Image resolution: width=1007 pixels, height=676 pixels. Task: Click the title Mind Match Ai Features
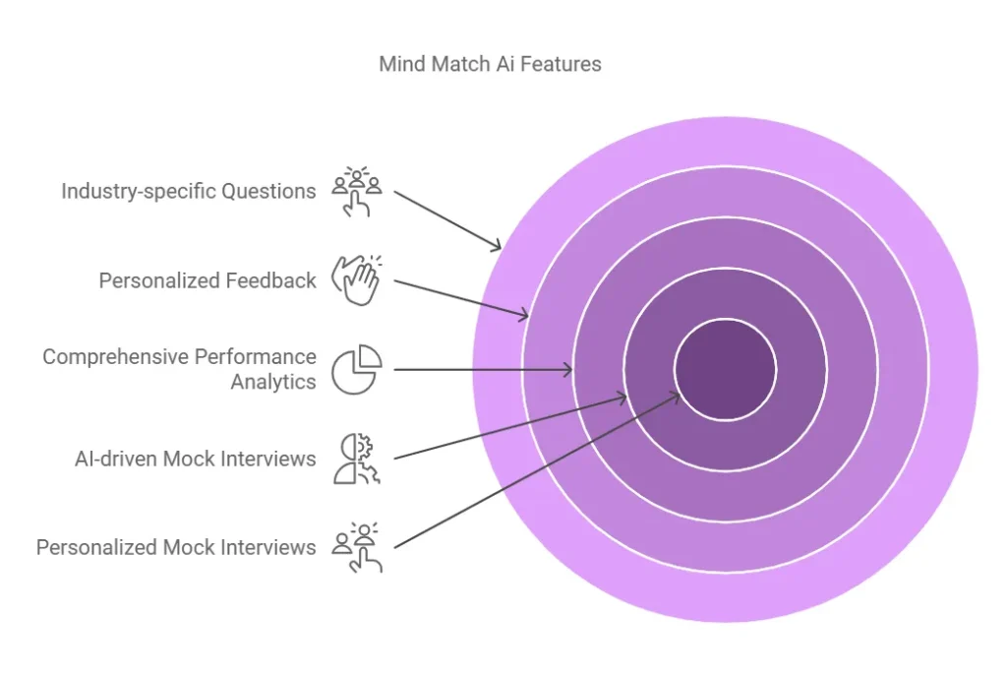[x=490, y=65]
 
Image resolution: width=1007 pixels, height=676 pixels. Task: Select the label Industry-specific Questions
[x=188, y=191]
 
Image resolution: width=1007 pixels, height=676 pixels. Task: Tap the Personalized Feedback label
[x=207, y=280]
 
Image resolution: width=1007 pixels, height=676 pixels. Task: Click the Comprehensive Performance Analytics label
[x=179, y=369]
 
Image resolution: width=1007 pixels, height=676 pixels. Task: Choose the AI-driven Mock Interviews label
[x=196, y=459]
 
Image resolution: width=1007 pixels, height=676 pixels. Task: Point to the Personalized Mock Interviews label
[x=176, y=547]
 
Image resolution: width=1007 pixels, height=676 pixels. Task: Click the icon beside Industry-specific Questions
[x=356, y=191]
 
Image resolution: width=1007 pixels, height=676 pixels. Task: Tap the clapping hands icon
[x=356, y=280]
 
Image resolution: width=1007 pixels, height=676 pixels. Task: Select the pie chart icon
[x=356, y=369]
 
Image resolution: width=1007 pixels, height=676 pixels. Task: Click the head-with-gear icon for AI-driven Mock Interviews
[x=356, y=459]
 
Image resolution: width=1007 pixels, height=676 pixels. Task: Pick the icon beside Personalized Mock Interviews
[x=356, y=547]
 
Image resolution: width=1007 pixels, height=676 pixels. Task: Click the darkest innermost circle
[x=726, y=370]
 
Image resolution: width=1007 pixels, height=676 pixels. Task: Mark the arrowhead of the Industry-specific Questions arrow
[x=499, y=247]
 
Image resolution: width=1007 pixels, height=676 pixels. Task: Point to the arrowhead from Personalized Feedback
[x=526, y=316]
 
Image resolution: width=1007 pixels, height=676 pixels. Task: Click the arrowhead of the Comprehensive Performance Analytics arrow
[x=570, y=370]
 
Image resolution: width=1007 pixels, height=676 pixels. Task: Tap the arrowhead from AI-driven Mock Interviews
[x=623, y=397]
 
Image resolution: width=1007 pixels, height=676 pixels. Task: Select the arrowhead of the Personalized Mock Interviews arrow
[x=677, y=395]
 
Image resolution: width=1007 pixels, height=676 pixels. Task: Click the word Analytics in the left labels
[x=273, y=382]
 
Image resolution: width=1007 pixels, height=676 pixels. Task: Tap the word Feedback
[x=269, y=280]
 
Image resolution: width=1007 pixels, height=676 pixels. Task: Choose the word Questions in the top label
[x=267, y=191]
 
